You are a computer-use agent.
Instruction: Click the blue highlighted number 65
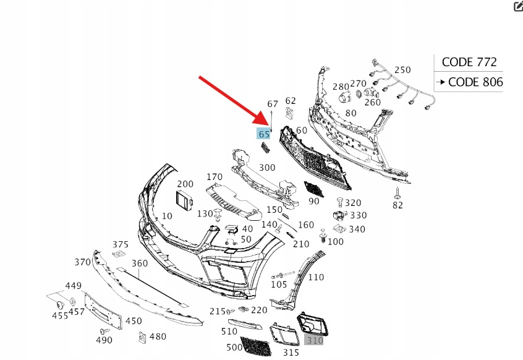265,134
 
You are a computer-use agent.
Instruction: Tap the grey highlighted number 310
314,340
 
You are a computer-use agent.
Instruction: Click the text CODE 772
469,62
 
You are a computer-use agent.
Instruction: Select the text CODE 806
475,82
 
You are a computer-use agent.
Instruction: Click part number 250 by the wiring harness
402,70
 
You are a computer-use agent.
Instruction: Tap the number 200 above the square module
185,184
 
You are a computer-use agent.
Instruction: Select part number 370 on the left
83,262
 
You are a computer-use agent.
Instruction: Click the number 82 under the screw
397,205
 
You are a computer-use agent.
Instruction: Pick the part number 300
267,167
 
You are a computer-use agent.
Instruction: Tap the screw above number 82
397,192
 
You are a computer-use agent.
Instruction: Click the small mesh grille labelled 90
313,189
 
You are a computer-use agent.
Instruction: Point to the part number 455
59,315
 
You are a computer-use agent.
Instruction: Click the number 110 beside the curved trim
315,277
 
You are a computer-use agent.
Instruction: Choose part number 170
214,178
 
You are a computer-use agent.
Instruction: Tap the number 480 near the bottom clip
158,336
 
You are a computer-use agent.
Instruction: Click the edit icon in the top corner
518,7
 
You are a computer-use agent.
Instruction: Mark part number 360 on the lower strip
139,263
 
